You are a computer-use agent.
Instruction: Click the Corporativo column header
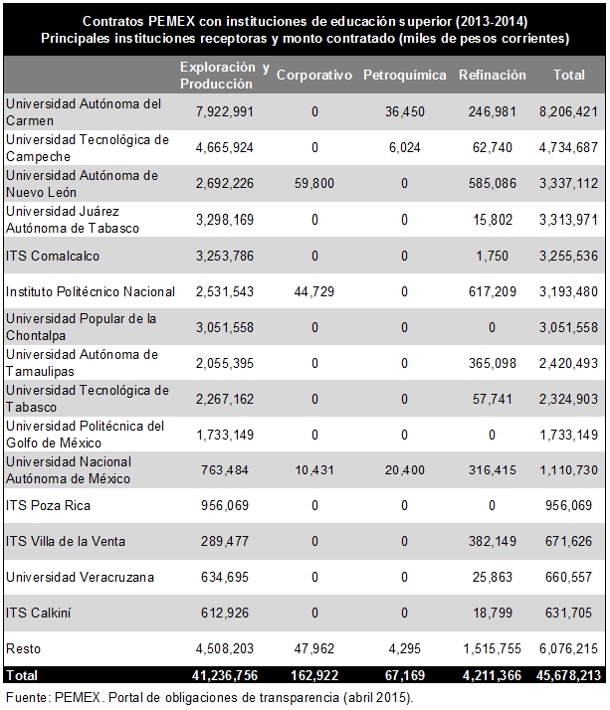314,75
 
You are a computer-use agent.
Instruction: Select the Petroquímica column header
405,75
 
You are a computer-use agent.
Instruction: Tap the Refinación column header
493,75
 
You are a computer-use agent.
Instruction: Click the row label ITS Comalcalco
53,256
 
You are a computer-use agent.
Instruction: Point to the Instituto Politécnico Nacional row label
91,291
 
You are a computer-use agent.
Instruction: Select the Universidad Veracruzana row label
80,577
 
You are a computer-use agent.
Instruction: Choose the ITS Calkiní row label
39,613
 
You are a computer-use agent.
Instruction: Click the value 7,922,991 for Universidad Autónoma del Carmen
224,111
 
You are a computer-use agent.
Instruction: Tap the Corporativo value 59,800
314,183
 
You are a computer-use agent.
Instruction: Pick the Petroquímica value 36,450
405,111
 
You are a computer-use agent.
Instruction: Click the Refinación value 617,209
493,291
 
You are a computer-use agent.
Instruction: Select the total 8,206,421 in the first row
568,111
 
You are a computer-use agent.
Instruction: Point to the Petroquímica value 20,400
405,470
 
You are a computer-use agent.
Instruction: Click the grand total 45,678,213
568,675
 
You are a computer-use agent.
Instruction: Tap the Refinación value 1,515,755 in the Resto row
493,649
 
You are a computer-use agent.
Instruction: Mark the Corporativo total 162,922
314,675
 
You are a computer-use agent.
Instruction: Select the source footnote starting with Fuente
209,698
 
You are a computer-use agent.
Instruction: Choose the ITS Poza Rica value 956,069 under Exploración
224,505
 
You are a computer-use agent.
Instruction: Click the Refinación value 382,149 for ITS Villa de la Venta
493,541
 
